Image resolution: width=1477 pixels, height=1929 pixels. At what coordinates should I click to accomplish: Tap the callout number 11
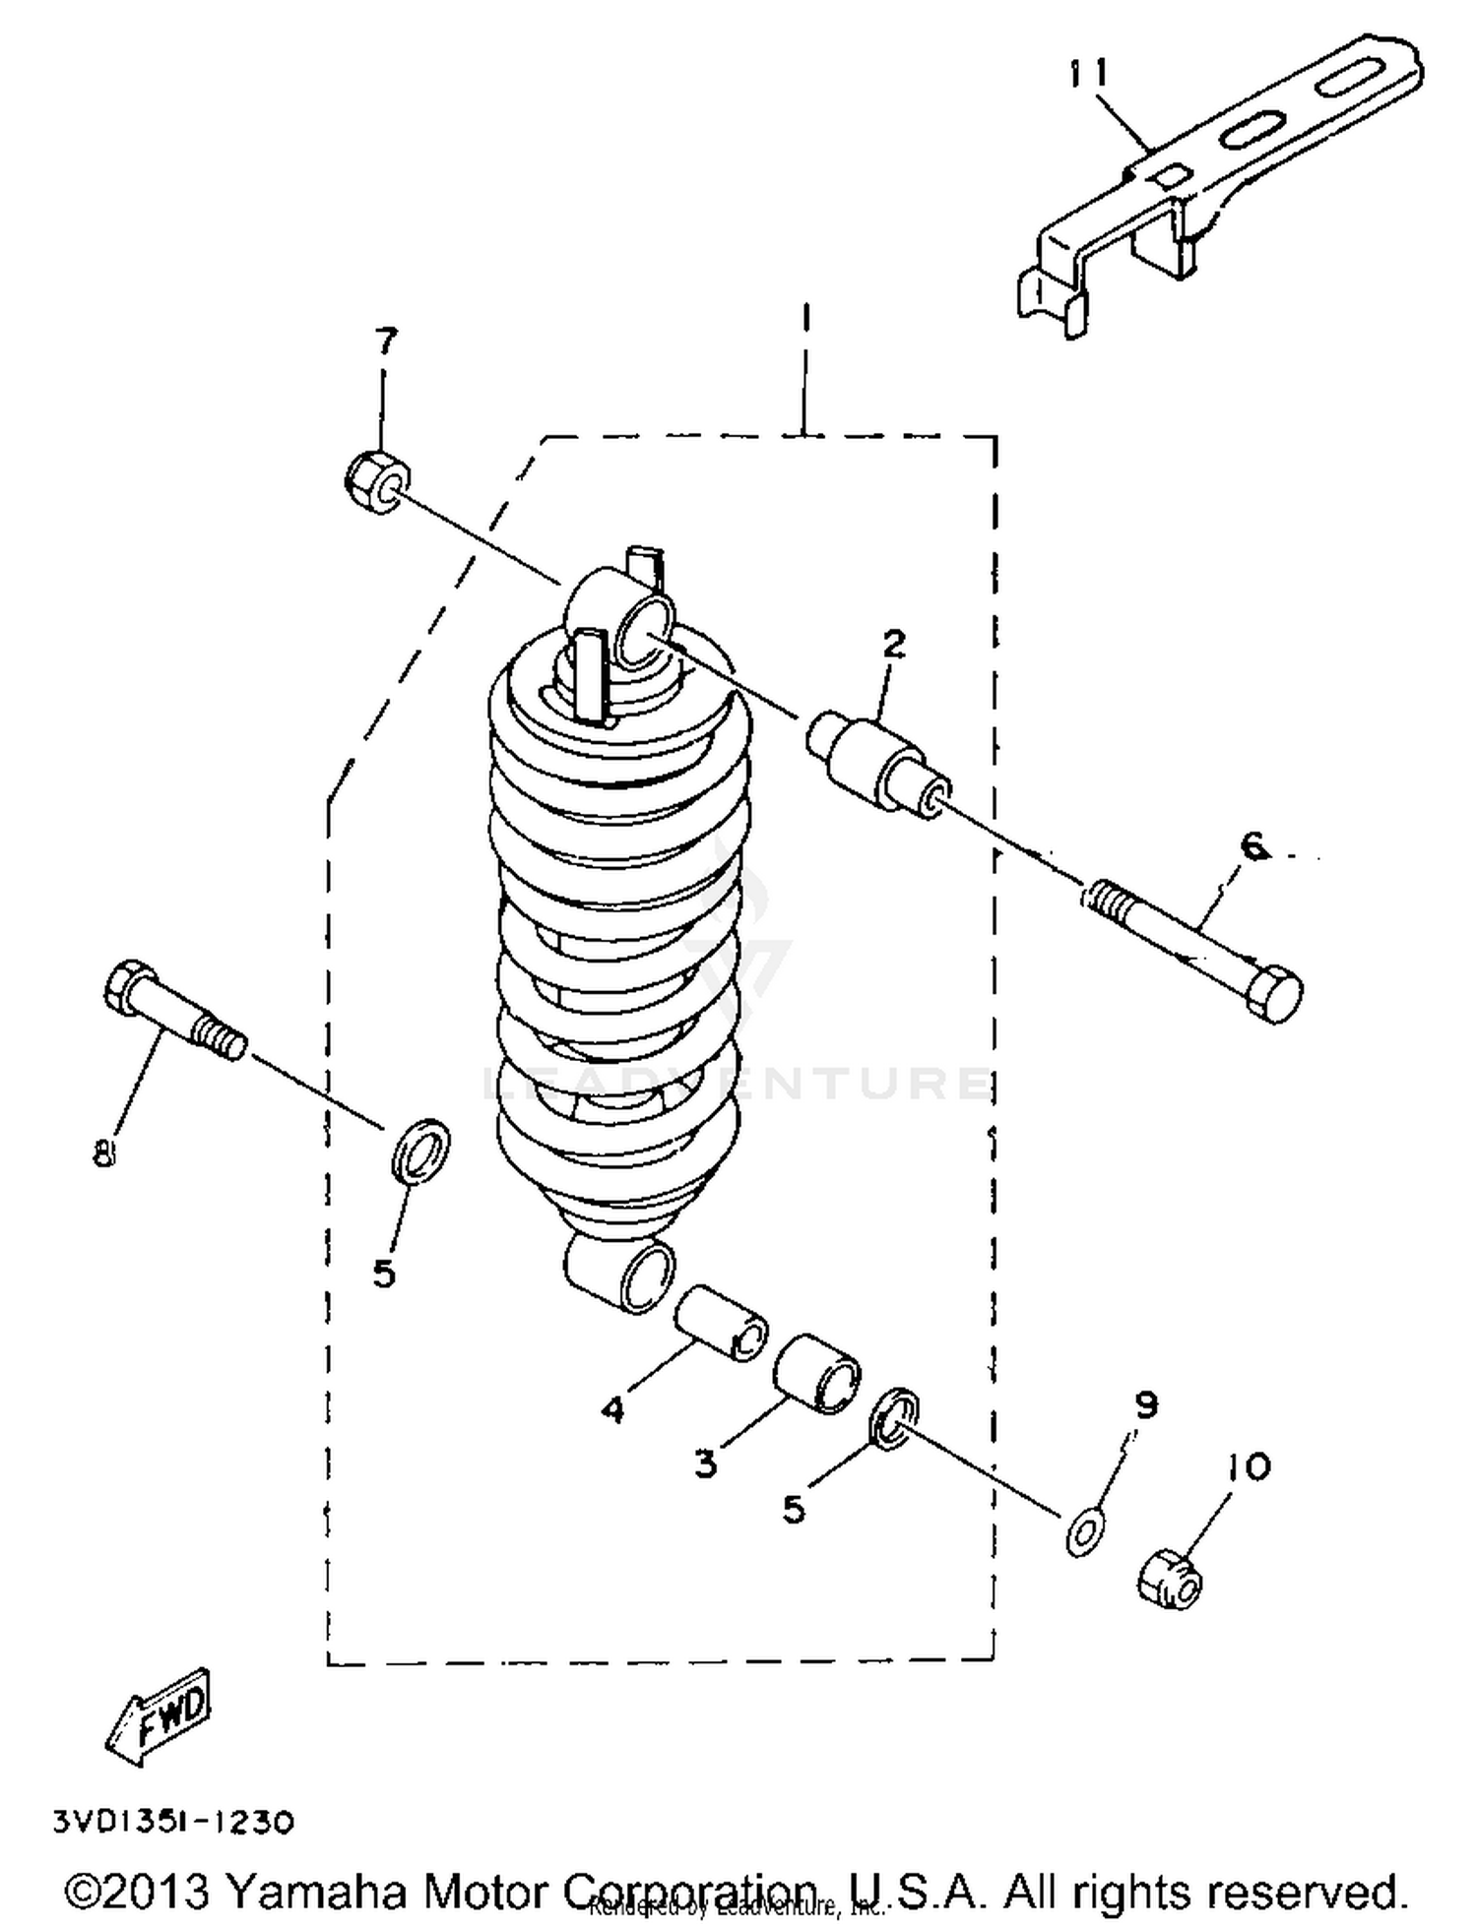1089,75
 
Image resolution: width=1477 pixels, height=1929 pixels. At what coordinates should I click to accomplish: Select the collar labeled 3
816,1374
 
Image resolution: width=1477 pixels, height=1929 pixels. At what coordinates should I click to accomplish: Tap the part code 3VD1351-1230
173,1821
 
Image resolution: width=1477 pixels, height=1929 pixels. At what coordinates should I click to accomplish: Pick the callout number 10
1249,1467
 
